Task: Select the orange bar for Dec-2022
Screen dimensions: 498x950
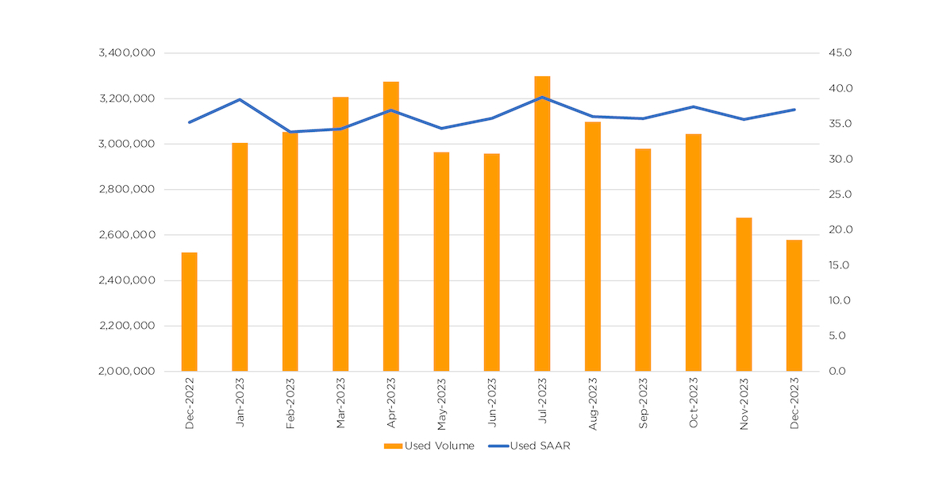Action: coord(189,311)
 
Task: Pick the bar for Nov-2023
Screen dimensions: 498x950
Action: coord(744,294)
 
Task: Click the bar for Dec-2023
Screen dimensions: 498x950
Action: coord(794,305)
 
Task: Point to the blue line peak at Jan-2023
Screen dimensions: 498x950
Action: coord(240,100)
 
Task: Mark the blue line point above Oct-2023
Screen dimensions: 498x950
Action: coord(694,106)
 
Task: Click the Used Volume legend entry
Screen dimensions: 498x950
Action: coord(429,446)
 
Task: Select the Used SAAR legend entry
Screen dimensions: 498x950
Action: coord(530,446)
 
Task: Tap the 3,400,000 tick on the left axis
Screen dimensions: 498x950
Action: coord(126,53)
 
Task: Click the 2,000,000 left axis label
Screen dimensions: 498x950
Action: coord(126,371)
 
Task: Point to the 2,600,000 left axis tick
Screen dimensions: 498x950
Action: coord(126,235)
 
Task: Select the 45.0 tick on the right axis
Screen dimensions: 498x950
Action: coord(839,53)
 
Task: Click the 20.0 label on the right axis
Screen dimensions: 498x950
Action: coord(839,230)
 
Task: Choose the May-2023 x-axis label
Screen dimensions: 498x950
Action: coord(441,404)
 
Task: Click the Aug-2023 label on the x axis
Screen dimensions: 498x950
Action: coord(593,404)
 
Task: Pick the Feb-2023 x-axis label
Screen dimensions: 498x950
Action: coord(290,404)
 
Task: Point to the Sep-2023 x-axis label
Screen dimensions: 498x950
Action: coord(643,404)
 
